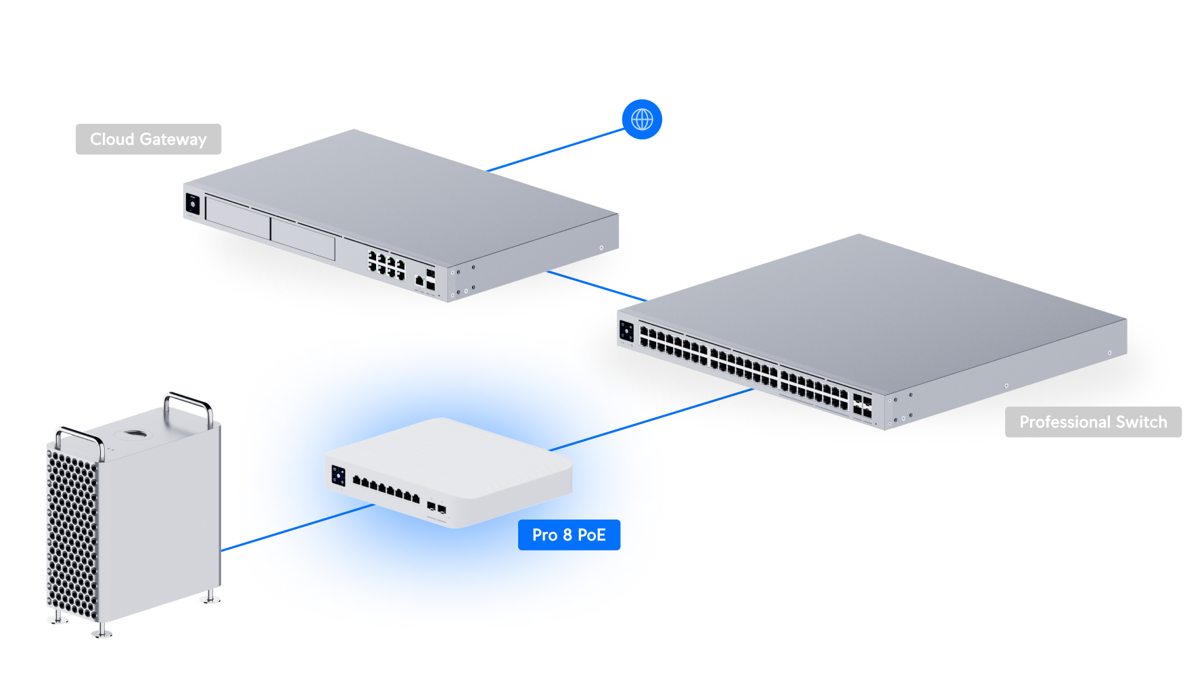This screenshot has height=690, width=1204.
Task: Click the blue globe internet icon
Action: click(x=642, y=120)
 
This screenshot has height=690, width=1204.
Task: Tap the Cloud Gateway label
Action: click(x=148, y=139)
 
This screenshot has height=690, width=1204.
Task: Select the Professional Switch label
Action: click(x=1092, y=422)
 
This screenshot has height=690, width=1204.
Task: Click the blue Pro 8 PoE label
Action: click(x=569, y=535)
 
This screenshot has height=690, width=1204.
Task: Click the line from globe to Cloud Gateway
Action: click(x=555, y=150)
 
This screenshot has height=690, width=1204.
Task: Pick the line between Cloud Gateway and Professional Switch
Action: click(x=595, y=285)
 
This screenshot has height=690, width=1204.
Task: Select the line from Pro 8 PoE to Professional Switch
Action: click(x=649, y=420)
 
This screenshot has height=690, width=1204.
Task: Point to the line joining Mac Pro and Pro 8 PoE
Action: click(x=298, y=528)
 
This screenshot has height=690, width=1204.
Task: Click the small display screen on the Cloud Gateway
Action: click(x=192, y=204)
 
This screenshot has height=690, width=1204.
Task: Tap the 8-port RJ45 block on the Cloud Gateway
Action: click(x=386, y=264)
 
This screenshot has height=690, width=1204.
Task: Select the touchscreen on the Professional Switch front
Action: click(x=626, y=331)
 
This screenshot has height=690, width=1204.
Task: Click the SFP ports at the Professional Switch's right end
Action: click(x=862, y=405)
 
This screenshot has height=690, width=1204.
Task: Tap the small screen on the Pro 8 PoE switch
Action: click(x=338, y=476)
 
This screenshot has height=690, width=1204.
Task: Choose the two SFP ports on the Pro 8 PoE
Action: click(x=436, y=507)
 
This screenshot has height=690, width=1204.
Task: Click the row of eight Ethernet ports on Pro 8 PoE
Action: click(x=386, y=490)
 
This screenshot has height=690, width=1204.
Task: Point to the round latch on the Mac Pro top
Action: click(x=133, y=433)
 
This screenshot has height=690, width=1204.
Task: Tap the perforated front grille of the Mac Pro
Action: click(x=72, y=534)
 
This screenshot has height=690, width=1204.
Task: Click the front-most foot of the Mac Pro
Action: click(x=101, y=632)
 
